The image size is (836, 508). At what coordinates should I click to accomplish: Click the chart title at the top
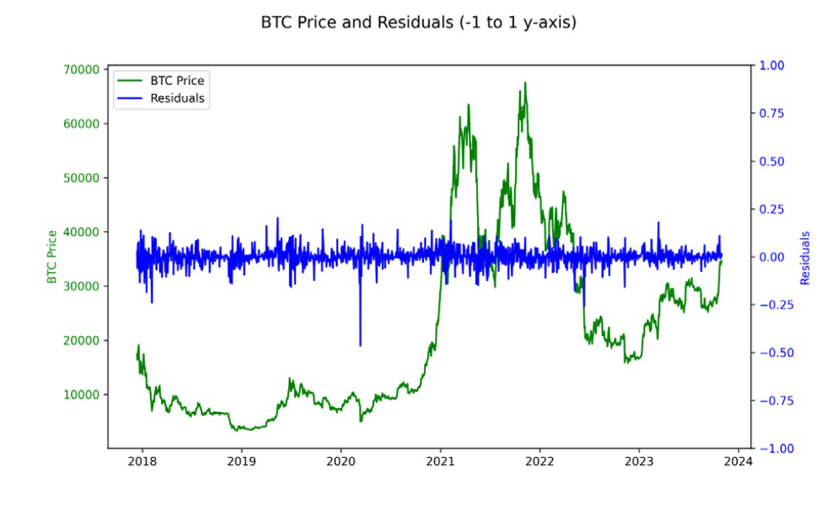(419, 22)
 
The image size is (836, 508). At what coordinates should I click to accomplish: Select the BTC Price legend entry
(177, 80)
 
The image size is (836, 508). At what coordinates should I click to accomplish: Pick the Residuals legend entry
(177, 97)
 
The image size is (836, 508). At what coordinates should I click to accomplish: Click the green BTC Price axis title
(51, 257)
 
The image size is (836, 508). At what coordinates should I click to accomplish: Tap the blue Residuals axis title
(804, 258)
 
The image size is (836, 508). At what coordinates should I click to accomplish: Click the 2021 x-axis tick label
(440, 462)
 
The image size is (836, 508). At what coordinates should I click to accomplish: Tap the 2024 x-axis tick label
(738, 462)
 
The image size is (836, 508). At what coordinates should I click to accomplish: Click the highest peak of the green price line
(525, 83)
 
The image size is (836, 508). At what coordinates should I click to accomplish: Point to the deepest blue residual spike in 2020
(360, 345)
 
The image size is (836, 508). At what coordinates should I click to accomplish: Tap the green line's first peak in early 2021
(468, 106)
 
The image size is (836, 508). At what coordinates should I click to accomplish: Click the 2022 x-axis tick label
(540, 462)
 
